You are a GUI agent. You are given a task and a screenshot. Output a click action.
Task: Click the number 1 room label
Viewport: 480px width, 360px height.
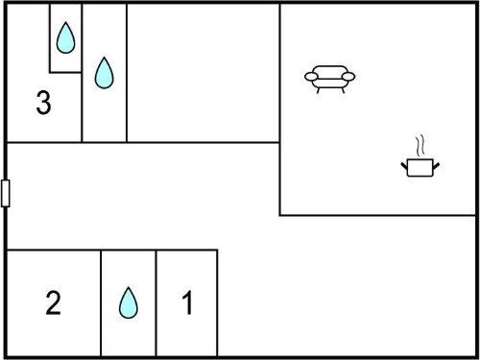[187, 302]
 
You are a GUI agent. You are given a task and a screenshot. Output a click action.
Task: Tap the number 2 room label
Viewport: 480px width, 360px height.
[53, 302]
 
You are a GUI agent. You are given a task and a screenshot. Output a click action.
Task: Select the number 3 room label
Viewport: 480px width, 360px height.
[43, 103]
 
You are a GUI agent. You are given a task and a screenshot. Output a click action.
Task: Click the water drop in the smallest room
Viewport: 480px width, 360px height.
[65, 37]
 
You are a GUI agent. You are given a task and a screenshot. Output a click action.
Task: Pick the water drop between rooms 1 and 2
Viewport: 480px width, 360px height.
[129, 302]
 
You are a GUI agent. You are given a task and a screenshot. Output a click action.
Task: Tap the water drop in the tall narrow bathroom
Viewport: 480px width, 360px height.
[104, 73]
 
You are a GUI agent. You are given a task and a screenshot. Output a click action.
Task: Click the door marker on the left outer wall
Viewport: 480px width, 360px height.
[6, 193]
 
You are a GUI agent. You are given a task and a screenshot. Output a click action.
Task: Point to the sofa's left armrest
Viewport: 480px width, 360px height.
[311, 77]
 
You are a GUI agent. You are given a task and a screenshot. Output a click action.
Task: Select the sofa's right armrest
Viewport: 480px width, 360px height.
[348, 77]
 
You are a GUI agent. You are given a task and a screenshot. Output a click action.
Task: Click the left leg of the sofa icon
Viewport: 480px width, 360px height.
[319, 90]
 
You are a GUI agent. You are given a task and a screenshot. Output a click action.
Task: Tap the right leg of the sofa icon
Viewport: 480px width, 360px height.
[343, 90]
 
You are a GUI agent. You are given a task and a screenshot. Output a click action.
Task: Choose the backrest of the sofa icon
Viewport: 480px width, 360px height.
[330, 72]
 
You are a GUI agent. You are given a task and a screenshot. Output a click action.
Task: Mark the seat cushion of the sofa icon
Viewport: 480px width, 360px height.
[330, 84]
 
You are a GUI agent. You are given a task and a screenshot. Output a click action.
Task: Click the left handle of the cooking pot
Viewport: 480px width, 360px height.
[404, 166]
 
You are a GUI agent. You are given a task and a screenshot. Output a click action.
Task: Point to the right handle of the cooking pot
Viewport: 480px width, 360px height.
[436, 166]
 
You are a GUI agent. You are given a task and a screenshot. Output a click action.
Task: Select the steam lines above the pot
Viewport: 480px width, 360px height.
[420, 146]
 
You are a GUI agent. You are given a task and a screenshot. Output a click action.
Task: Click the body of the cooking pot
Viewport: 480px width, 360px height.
[420, 167]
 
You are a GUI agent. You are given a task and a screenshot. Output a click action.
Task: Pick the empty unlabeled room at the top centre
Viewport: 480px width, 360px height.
[204, 73]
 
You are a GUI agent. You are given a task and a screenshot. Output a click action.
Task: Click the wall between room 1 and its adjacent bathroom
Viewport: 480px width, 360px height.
[156, 303]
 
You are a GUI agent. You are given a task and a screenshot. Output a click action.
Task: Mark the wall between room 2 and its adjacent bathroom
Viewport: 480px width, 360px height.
[101, 303]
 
